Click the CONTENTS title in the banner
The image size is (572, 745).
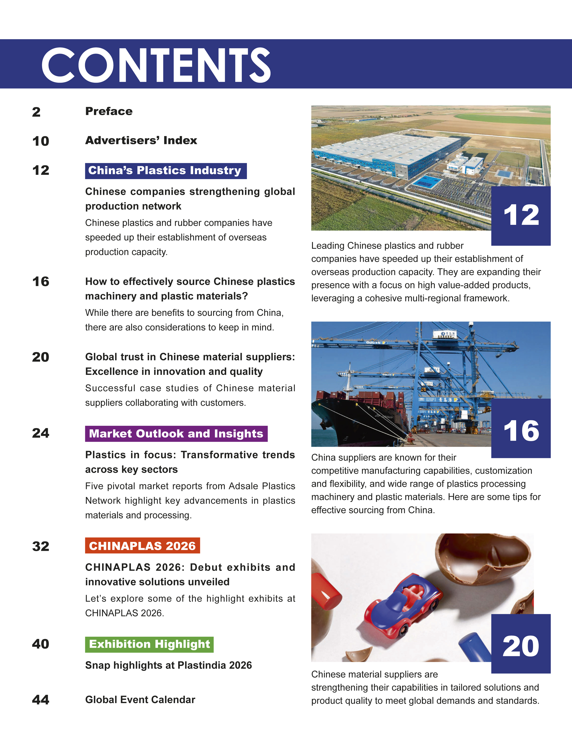(x=156, y=65)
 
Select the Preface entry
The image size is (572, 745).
(x=109, y=111)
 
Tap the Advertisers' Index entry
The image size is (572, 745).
(x=141, y=140)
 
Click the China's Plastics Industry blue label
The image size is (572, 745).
(x=165, y=171)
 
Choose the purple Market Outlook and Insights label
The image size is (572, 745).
(x=176, y=434)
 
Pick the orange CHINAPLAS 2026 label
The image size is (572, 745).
(x=142, y=546)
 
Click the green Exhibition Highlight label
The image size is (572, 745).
(x=149, y=644)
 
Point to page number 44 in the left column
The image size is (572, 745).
(x=41, y=700)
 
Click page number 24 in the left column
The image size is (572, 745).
(x=41, y=433)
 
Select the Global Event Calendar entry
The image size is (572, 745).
(x=140, y=700)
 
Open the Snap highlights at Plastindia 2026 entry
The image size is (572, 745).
(x=168, y=665)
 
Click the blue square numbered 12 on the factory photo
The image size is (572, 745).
(x=521, y=216)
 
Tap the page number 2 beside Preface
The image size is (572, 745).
(x=36, y=112)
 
